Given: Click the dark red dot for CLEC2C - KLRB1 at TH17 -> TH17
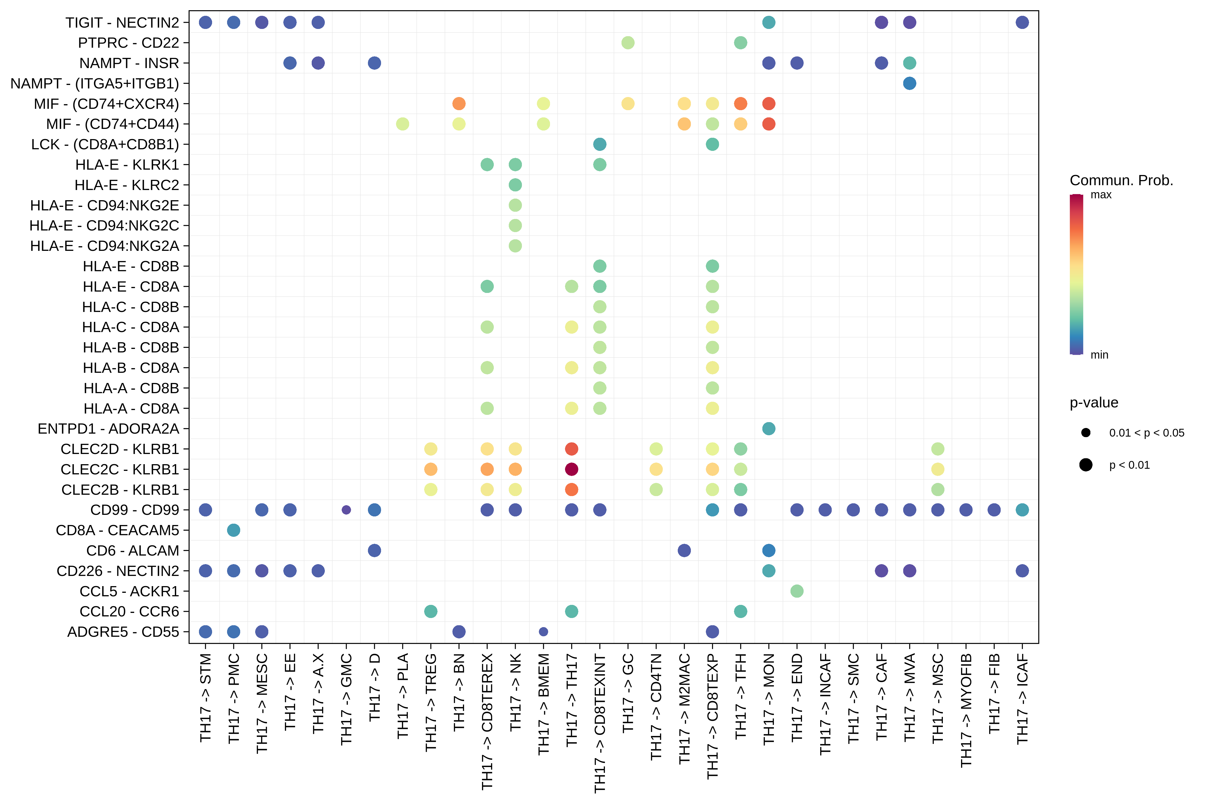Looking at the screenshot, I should pyautogui.click(x=571, y=469).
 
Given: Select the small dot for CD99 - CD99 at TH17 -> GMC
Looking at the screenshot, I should pyautogui.click(x=346, y=510).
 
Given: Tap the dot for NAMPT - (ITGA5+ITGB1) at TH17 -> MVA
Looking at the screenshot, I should pyautogui.click(x=909, y=83).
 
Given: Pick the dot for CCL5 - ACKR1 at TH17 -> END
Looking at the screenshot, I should pyautogui.click(x=797, y=591).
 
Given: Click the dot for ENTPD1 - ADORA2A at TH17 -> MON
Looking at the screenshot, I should pyautogui.click(x=769, y=429).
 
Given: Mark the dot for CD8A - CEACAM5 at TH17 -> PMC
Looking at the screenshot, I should pyautogui.click(x=234, y=530).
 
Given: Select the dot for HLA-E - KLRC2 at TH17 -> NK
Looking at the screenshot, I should pyautogui.click(x=515, y=185).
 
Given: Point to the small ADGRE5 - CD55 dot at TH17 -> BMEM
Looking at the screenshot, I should pyautogui.click(x=544, y=632).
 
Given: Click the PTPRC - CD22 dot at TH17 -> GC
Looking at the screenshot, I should pyautogui.click(x=628, y=43).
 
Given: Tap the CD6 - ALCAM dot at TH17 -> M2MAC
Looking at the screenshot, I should pyautogui.click(x=684, y=550).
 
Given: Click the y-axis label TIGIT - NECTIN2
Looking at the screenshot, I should pyautogui.click(x=122, y=23).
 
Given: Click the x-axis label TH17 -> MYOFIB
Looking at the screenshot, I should pyautogui.click(x=966, y=710).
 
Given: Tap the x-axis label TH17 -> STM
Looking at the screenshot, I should pyautogui.click(x=205, y=697).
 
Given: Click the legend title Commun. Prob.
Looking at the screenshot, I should pyautogui.click(x=1121, y=180).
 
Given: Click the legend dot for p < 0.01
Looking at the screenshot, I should pyautogui.click(x=1086, y=464).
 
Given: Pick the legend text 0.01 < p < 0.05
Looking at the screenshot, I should pyautogui.click(x=1147, y=433).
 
